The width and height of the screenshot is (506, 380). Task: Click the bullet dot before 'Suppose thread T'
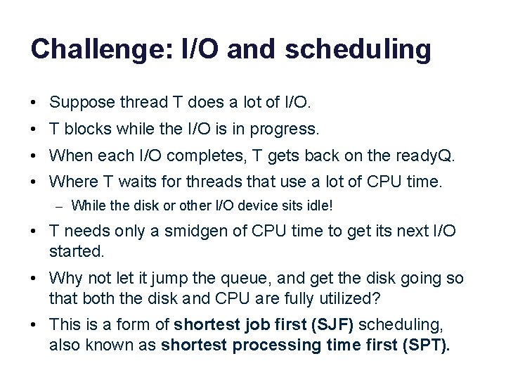pyautogui.click(x=34, y=103)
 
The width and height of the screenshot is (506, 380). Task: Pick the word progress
pyautogui.click(x=290, y=129)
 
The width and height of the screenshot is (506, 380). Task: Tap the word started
pyautogui.click(x=73, y=251)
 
